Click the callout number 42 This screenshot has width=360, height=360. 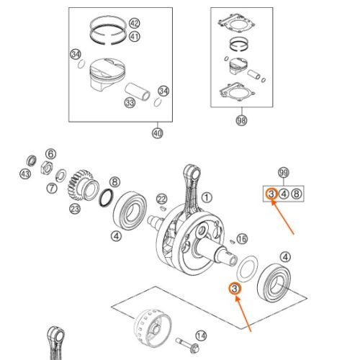(x=135, y=23)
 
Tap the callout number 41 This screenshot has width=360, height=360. (x=135, y=37)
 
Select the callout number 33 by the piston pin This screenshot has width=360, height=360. (x=130, y=103)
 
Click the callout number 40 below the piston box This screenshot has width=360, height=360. (x=158, y=133)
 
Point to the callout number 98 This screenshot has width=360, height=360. (x=241, y=120)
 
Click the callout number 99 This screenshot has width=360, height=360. (x=284, y=173)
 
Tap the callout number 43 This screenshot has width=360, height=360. (x=25, y=174)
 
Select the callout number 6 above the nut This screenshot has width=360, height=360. (x=51, y=154)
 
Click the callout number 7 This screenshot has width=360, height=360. (x=52, y=188)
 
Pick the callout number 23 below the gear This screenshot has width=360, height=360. (x=75, y=209)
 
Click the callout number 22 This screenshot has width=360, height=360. (x=162, y=199)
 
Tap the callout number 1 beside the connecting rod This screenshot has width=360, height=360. (x=207, y=197)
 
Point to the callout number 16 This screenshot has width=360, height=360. (x=242, y=239)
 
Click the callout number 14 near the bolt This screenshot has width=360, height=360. (x=201, y=336)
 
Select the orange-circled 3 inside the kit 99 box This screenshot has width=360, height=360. (x=271, y=194)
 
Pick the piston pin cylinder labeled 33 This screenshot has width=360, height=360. (x=138, y=91)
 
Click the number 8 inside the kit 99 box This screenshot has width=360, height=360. (x=297, y=194)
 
